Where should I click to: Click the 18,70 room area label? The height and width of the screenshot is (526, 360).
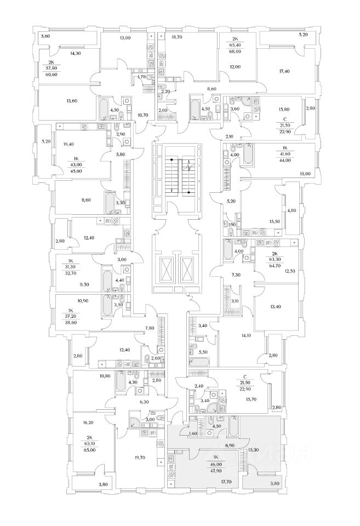[x=176, y=38]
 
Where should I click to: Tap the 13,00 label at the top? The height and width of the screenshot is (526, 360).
[x=125, y=38]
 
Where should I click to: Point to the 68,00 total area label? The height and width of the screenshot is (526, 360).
[x=235, y=53]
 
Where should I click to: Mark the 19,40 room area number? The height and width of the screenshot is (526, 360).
[x=70, y=144]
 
